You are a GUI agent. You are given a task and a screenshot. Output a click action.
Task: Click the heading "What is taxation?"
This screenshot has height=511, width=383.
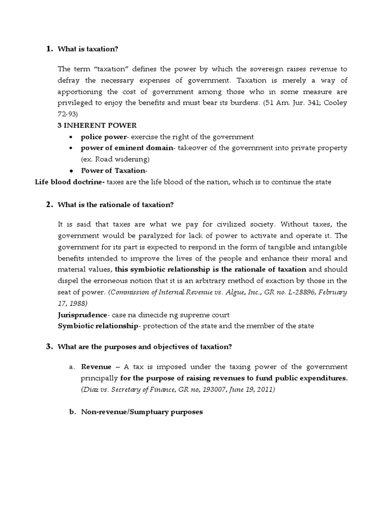[88, 49]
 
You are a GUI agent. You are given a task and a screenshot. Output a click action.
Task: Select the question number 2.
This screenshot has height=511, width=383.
[49, 205]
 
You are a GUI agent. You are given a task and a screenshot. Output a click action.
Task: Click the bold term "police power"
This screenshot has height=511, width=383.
[101, 137]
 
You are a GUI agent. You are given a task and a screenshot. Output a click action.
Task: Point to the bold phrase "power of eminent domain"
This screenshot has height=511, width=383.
[127, 148]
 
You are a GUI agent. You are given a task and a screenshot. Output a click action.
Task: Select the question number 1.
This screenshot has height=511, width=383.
[49, 49]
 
